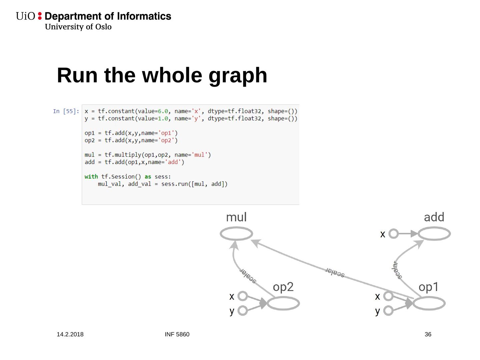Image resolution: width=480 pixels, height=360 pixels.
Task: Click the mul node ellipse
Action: (236, 233)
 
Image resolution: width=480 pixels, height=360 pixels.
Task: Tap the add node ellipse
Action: (434, 234)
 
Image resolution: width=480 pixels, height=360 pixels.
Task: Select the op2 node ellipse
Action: (283, 303)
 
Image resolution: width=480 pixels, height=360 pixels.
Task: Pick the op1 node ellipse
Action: (429, 303)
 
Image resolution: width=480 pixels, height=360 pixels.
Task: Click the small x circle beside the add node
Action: (394, 234)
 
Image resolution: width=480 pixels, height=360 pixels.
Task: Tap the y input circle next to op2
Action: (243, 311)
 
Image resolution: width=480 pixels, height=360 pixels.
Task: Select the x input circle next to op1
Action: (388, 296)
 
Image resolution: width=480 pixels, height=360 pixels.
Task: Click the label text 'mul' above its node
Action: (236, 217)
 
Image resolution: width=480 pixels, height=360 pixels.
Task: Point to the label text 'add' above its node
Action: (434, 217)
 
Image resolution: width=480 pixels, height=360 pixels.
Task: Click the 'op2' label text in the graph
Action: (283, 287)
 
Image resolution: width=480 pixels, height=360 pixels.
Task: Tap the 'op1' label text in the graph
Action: (429, 287)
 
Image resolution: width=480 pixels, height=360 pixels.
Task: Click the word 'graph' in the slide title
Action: (238, 75)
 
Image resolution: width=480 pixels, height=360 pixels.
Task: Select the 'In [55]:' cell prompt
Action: (66, 111)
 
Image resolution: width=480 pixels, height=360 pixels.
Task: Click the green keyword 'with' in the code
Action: (91, 177)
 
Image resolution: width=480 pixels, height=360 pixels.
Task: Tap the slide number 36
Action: (428, 334)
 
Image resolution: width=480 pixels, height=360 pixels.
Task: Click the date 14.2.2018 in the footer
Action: (70, 334)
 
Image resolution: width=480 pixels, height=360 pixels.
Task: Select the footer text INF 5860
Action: (177, 334)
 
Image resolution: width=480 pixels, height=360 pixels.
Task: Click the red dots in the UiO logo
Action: (40, 16)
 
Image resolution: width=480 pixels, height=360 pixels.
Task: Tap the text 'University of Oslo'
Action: (78, 27)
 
